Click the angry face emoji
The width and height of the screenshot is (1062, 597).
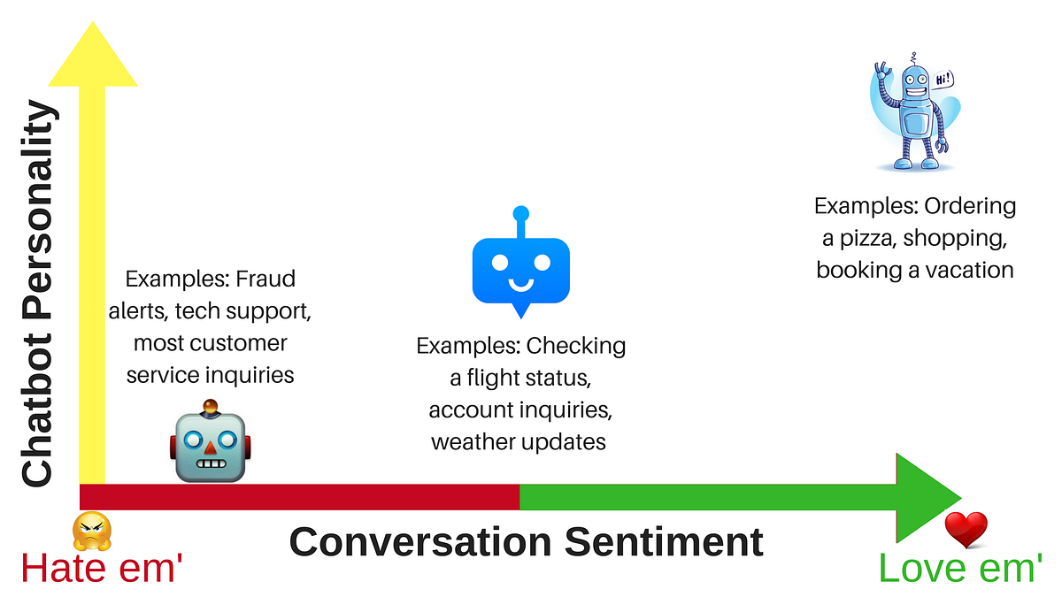[x=92, y=531]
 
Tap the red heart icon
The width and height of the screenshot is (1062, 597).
[x=966, y=530]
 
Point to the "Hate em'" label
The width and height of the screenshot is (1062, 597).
[x=101, y=567]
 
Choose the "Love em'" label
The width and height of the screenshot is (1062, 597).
[x=959, y=567]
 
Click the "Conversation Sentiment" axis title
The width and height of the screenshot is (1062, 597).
[x=526, y=541]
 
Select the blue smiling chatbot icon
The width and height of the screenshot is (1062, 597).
[x=520, y=265]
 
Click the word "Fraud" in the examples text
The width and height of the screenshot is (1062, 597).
[x=265, y=279]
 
